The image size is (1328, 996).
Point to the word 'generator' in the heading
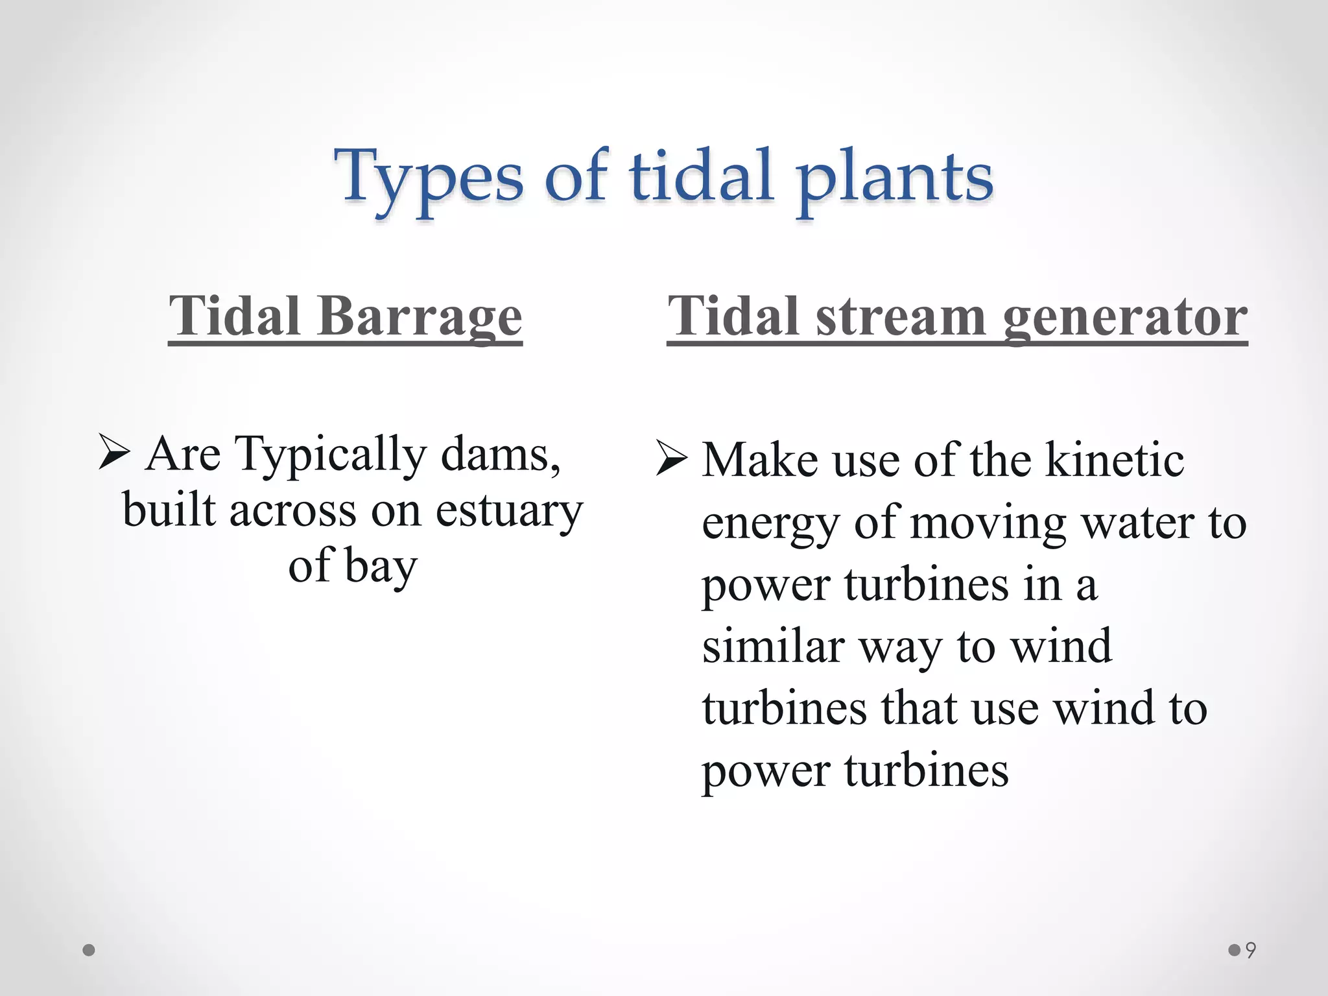(x=1125, y=316)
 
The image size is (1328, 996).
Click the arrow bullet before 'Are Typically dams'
(x=114, y=453)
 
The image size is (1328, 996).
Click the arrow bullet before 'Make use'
(x=670, y=459)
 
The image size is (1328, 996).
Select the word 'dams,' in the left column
(x=501, y=453)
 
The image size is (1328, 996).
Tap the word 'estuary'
(x=509, y=510)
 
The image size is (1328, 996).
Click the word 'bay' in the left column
(x=381, y=565)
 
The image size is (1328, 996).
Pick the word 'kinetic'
(x=1115, y=459)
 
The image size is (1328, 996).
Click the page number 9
(x=1251, y=951)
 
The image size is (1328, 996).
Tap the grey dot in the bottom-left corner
(x=89, y=951)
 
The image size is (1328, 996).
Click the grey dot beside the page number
(x=1234, y=951)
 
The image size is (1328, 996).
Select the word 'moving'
(x=988, y=523)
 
